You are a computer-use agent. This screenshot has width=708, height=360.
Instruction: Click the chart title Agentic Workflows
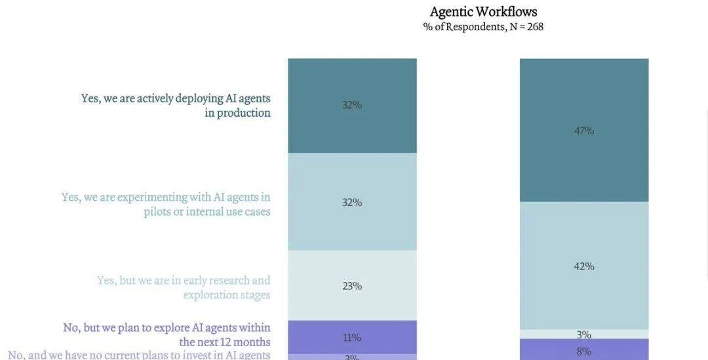pyautogui.click(x=483, y=12)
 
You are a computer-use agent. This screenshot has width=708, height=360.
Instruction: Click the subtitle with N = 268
pyautogui.click(x=483, y=27)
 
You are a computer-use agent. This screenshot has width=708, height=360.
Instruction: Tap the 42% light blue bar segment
pyautogui.click(x=584, y=289)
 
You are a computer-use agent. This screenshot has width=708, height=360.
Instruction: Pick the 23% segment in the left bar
pyautogui.click(x=352, y=302)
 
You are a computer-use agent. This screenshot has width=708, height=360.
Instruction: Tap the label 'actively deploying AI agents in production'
pyautogui.click(x=176, y=105)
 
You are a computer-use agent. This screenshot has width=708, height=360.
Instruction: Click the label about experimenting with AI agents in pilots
pyautogui.click(x=166, y=204)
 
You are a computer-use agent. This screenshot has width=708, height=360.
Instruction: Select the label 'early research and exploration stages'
pyautogui.click(x=184, y=287)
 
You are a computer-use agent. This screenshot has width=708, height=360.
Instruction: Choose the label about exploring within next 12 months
pyautogui.click(x=167, y=334)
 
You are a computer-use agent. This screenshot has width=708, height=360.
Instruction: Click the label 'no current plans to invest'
pyautogui.click(x=139, y=355)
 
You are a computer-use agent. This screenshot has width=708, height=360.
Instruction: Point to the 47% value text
pyautogui.click(x=584, y=130)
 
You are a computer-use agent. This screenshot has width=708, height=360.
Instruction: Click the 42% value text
pyautogui.click(x=584, y=266)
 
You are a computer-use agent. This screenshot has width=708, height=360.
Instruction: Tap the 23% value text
pyautogui.click(x=352, y=286)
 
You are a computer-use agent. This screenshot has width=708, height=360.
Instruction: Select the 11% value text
pyautogui.click(x=352, y=338)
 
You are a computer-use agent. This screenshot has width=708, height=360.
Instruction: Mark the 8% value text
pyautogui.click(x=584, y=351)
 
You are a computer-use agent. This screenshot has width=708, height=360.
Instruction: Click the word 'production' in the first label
pyautogui.click(x=243, y=113)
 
